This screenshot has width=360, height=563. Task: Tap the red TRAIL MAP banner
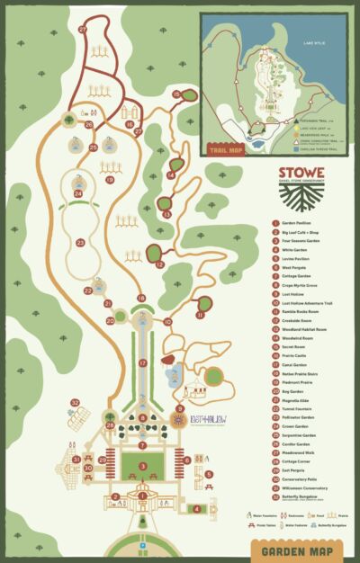(227, 150)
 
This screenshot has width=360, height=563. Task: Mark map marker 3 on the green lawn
(142, 464)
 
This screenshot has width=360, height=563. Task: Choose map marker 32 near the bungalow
(76, 402)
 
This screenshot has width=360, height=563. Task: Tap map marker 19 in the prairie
(110, 180)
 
